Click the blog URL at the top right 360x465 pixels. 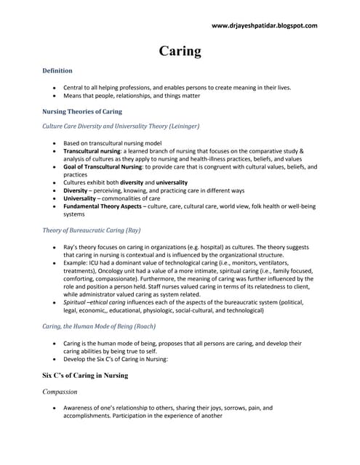coord(265,25)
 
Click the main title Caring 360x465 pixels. coord(180,51)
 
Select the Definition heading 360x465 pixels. coord(57,70)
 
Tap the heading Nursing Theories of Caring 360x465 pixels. coord(81,112)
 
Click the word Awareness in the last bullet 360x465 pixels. coord(81,408)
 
